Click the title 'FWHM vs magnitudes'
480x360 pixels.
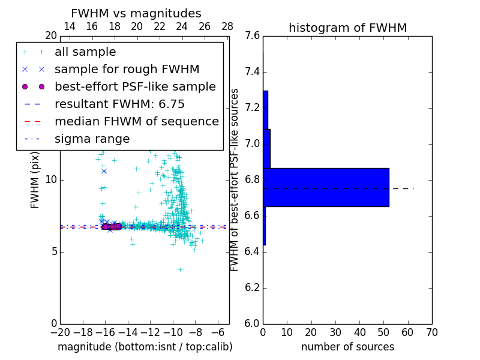coord(136,13)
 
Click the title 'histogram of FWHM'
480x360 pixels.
coord(347,28)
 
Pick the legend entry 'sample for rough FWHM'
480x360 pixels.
coord(127,69)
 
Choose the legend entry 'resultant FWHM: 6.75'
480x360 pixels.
coord(119,104)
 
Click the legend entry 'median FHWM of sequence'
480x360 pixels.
coord(136,121)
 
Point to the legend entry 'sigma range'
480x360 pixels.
coord(92,139)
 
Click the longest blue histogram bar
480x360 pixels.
coord(326,187)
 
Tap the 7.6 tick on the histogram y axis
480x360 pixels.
coord(252,36)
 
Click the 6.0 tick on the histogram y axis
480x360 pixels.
coord(252,323)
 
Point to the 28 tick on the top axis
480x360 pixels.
coord(227,26)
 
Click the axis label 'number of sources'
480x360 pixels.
coord(347,347)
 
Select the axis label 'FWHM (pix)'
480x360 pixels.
coord(35,179)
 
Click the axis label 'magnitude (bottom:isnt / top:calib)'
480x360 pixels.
coord(145,347)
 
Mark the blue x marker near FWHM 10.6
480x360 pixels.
coord(104,171)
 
